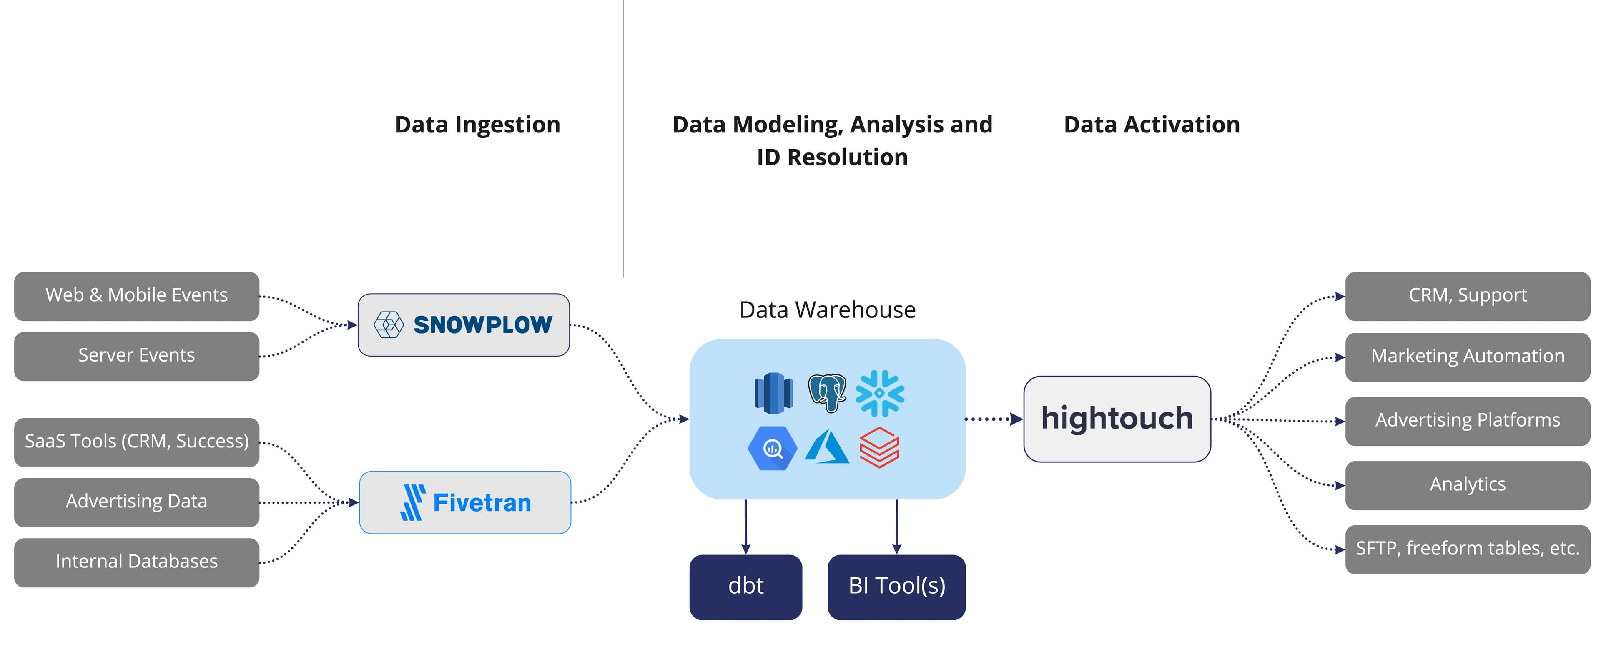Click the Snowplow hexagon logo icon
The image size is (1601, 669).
pyautogui.click(x=389, y=324)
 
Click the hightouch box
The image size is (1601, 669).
pyautogui.click(x=1117, y=419)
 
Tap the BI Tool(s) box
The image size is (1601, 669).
pyautogui.click(x=896, y=587)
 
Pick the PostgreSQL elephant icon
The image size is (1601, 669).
pyautogui.click(x=827, y=392)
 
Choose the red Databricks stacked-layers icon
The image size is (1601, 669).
pyautogui.click(x=879, y=447)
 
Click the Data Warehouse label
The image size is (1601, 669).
pyautogui.click(x=827, y=310)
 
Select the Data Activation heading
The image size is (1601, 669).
pyautogui.click(x=1151, y=125)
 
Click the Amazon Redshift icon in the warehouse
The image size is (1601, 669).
pyautogui.click(x=773, y=392)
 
